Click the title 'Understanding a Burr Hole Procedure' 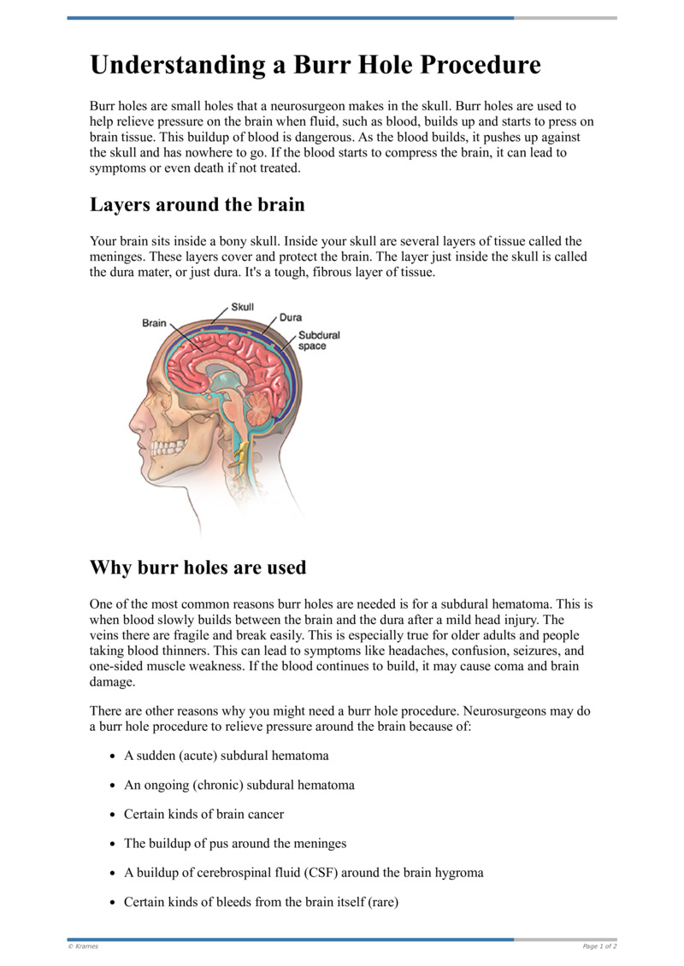click(315, 66)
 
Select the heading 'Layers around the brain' click(197, 205)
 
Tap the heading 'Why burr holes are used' click(198, 568)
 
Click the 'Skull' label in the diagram click(242, 308)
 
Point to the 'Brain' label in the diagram click(154, 323)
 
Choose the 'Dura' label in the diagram click(291, 318)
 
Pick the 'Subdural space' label click(318, 340)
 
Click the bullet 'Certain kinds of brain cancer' click(203, 814)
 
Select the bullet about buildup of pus click(235, 843)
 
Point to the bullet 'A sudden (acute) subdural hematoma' click(226, 756)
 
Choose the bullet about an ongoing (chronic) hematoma click(239, 785)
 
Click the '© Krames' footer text click(83, 946)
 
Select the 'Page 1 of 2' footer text click(599, 946)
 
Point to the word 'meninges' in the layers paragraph click(116, 257)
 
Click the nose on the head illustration click(134, 418)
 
